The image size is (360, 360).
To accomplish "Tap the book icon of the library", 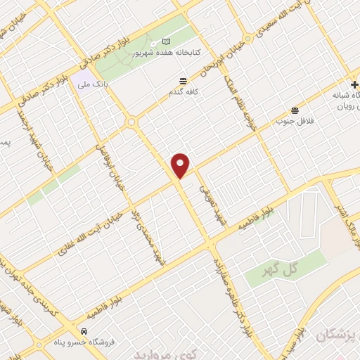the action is coord(166,41).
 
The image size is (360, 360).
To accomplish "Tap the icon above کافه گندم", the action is coord(183,81).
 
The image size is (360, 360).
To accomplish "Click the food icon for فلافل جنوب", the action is coord(294,110).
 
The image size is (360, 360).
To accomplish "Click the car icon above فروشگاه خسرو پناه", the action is coord(84,330).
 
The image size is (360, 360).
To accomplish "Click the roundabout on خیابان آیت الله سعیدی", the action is coord(247,37).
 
